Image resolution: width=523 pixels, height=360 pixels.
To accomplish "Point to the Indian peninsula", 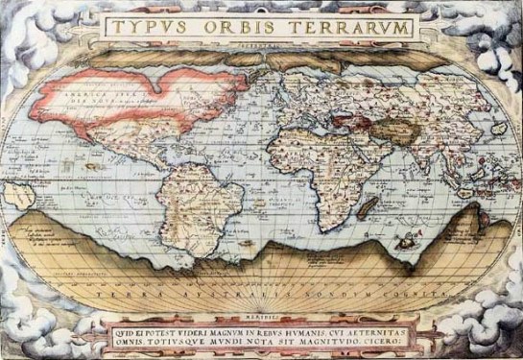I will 377,149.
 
